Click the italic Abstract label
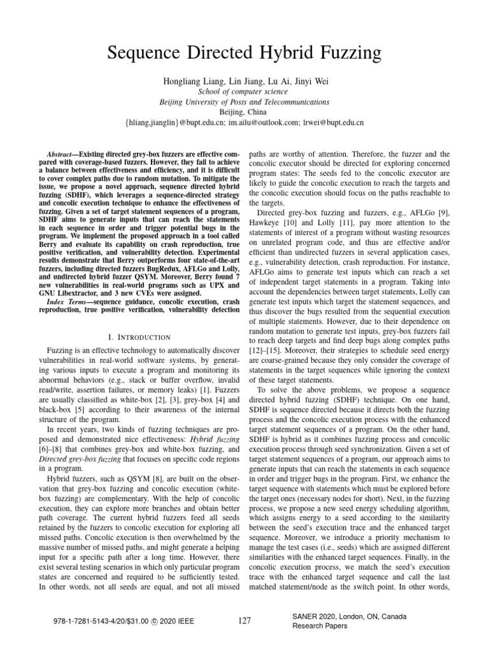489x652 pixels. pyautogui.click(x=63, y=155)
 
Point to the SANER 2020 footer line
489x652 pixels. pyautogui.click(x=350, y=617)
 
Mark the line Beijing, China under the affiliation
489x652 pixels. pyautogui.click(x=244, y=111)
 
